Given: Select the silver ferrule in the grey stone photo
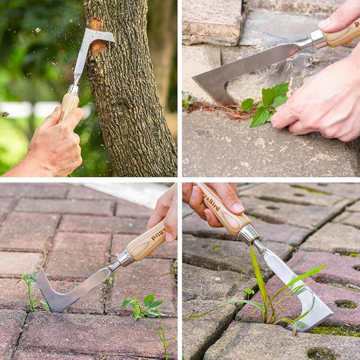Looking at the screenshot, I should pyautogui.click(x=317, y=39).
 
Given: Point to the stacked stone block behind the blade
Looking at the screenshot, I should pyautogui.click(x=212, y=21).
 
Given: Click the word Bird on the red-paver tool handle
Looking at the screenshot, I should pyautogui.click(x=158, y=234).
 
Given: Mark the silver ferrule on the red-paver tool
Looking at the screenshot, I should pyautogui.click(x=125, y=258).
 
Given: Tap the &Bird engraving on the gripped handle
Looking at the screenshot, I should pyautogui.click(x=212, y=202).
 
